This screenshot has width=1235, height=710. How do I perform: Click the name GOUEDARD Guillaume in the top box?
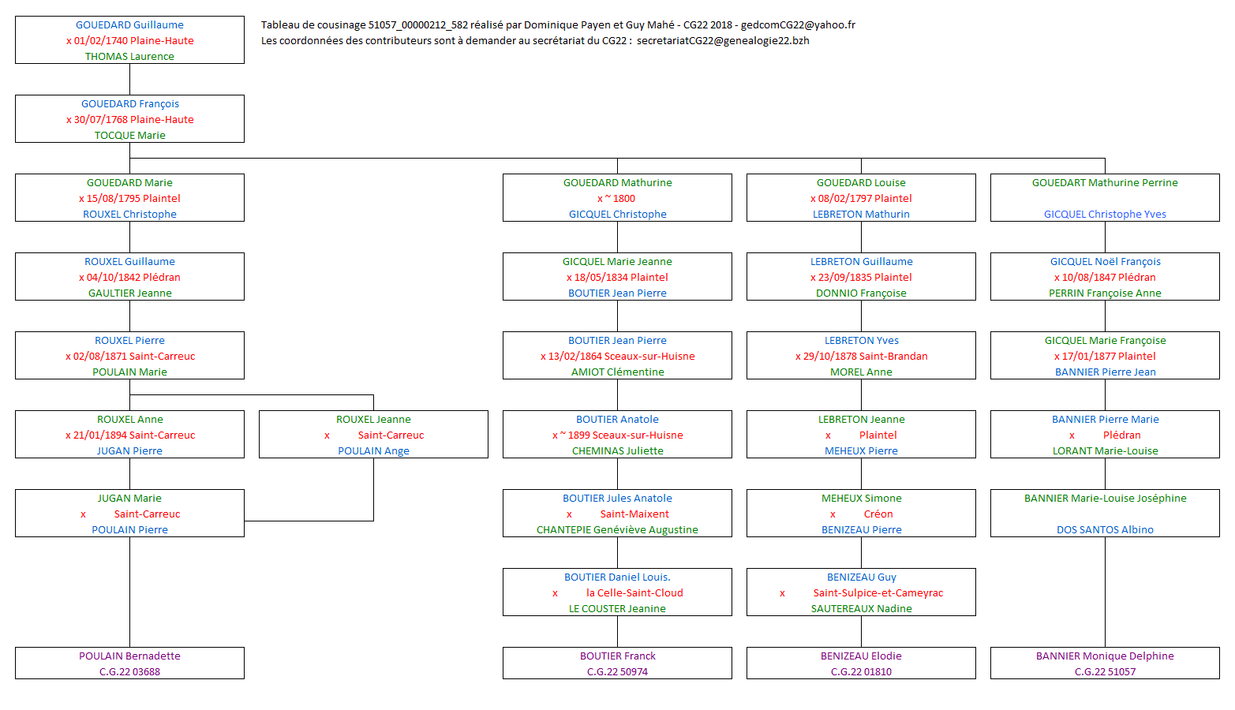(x=129, y=25)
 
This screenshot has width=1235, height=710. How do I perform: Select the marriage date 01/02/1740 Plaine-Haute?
(x=133, y=41)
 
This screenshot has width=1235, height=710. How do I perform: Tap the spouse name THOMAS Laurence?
(x=129, y=57)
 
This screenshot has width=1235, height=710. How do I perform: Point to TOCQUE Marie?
(x=129, y=136)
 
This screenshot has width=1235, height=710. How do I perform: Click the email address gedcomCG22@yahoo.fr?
(x=798, y=25)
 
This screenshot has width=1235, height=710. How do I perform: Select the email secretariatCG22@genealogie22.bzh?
(x=723, y=41)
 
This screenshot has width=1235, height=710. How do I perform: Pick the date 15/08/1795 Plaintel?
(x=133, y=199)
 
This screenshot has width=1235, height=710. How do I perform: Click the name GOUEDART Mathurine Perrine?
(x=1105, y=183)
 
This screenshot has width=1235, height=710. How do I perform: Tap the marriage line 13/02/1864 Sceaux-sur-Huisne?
(x=621, y=357)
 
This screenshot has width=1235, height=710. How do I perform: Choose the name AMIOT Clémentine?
(x=617, y=372)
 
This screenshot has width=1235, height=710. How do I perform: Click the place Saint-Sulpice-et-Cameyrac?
(x=878, y=593)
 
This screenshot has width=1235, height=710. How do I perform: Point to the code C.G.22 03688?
(x=129, y=672)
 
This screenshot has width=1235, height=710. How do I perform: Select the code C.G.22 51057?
(x=1105, y=672)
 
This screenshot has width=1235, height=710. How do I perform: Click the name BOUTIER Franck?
(x=617, y=656)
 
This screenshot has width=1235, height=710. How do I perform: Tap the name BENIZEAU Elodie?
(x=861, y=656)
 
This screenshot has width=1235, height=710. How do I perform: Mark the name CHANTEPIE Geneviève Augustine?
(x=617, y=530)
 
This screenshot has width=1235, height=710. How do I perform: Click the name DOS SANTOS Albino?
(x=1105, y=530)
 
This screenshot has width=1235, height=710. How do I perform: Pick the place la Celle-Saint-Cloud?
(x=634, y=593)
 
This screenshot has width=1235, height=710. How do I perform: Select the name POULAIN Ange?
(x=373, y=451)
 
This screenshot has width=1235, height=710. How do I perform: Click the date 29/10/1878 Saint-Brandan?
(x=865, y=357)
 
